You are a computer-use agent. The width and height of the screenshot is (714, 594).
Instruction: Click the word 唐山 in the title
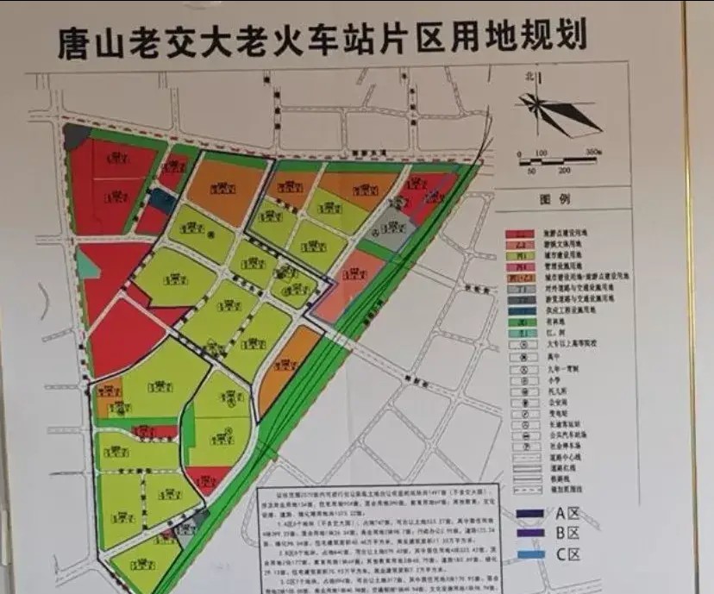click(x=85, y=39)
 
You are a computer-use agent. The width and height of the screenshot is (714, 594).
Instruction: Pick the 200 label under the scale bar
click(x=564, y=170)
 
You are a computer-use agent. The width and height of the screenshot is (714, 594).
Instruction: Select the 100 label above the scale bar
click(x=541, y=153)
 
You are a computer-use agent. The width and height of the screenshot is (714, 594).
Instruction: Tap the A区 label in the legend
click(x=567, y=514)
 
